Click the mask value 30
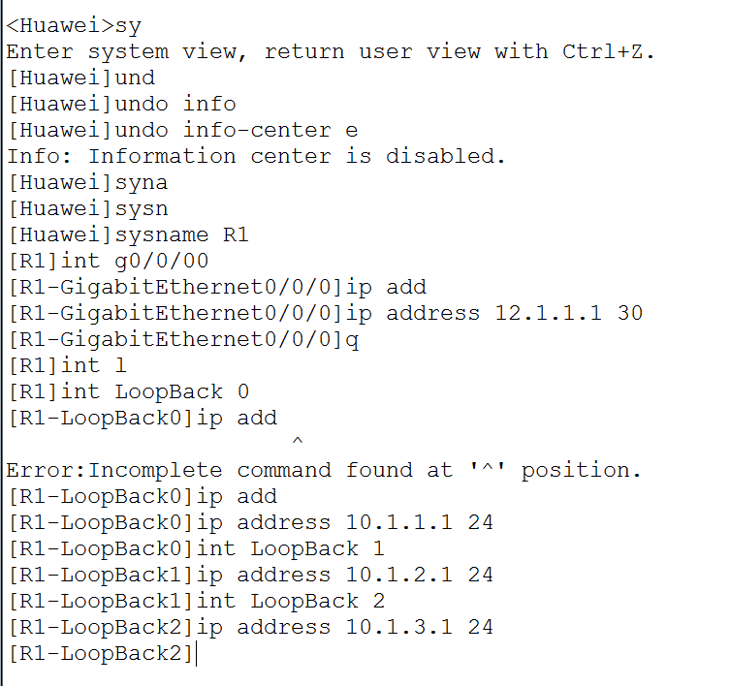(629, 313)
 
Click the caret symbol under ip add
(297, 443)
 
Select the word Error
(45, 470)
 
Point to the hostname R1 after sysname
(236, 234)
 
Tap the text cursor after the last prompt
(197, 654)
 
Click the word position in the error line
(580, 470)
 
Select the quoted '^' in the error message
(486, 470)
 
